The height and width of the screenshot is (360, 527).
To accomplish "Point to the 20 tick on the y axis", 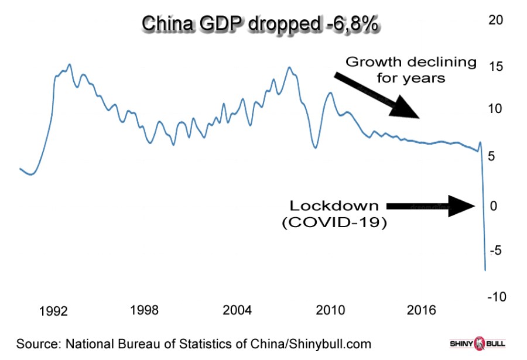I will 495,19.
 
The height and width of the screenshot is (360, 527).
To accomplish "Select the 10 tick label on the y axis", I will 495,109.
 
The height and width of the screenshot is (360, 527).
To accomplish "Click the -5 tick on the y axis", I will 495,250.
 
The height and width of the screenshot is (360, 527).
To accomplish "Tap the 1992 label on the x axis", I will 53,310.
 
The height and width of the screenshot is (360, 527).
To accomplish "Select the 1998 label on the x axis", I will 144,310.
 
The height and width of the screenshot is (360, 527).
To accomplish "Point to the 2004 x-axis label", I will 238,310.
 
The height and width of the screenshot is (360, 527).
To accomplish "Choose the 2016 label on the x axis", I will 422,310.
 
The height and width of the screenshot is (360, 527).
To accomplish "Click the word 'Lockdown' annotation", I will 335,206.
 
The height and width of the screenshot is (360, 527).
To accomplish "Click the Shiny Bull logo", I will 477,343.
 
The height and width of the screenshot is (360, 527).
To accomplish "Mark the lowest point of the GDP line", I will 485,270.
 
